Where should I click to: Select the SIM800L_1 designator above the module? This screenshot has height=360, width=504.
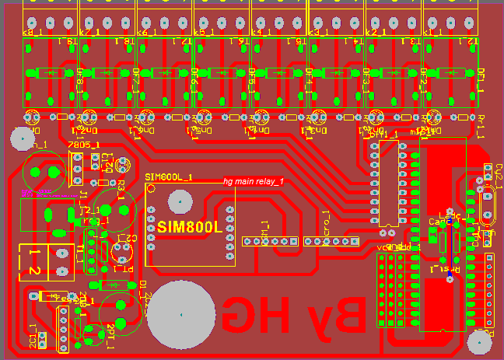click(169, 177)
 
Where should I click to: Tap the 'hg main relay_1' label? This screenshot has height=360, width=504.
click(254, 181)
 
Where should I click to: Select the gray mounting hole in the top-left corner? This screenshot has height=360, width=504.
click(21, 139)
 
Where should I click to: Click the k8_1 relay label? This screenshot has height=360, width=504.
click(34, 33)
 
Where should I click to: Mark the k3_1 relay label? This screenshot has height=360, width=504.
click(318, 33)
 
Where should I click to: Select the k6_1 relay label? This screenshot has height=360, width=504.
click(148, 33)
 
